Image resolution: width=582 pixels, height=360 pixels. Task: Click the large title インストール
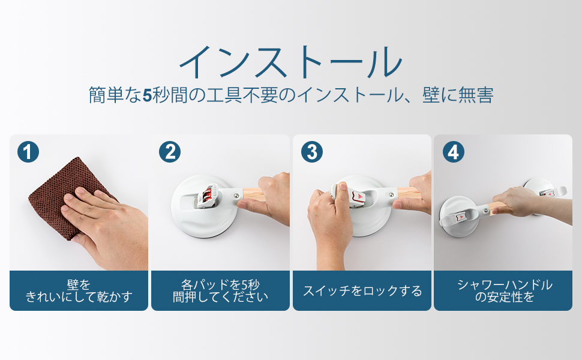(x=290, y=62)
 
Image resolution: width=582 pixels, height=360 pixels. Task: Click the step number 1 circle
(x=28, y=152)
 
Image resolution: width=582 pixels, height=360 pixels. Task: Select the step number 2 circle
(x=170, y=152)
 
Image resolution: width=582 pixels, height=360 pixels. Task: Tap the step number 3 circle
(x=311, y=152)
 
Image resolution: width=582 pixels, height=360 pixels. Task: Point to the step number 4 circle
(x=453, y=152)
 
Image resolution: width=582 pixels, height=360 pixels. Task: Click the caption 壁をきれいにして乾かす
(x=79, y=290)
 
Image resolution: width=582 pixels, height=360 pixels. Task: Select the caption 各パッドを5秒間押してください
(x=220, y=290)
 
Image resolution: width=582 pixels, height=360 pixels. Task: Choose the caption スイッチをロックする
(x=362, y=291)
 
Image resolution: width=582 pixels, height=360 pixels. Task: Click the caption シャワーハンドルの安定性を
(x=504, y=290)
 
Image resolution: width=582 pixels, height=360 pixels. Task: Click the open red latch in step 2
(x=207, y=196)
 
